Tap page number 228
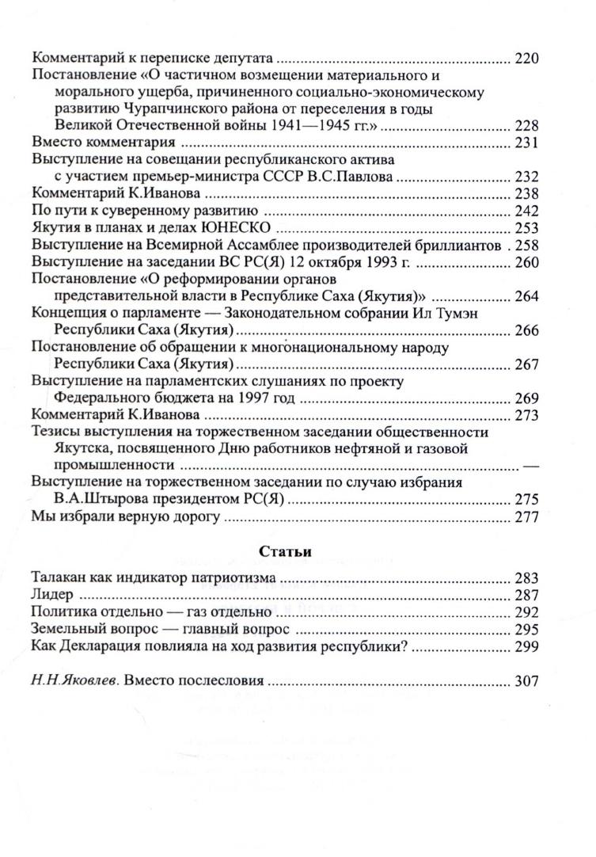click(526, 127)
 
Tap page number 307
click(526, 680)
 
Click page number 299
click(526, 646)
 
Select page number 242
click(526, 211)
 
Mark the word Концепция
click(69, 314)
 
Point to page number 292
click(526, 611)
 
